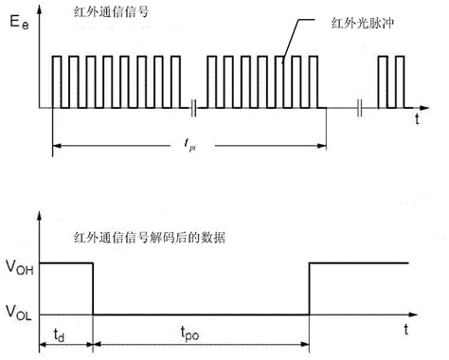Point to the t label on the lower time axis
[405, 329]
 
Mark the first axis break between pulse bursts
[194, 107]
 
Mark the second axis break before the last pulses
[361, 107]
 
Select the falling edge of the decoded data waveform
[93, 288]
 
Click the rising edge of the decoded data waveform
[310, 288]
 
